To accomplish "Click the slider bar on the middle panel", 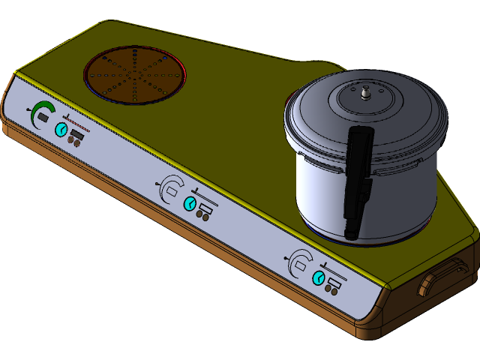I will tap(206, 197).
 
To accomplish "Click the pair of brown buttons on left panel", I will tap(75, 140).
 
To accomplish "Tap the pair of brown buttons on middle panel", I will tap(202, 214).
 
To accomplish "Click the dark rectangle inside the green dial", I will tap(43, 118).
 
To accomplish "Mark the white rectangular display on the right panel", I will tap(302, 266).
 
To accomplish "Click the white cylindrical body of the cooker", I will tap(319, 191).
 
